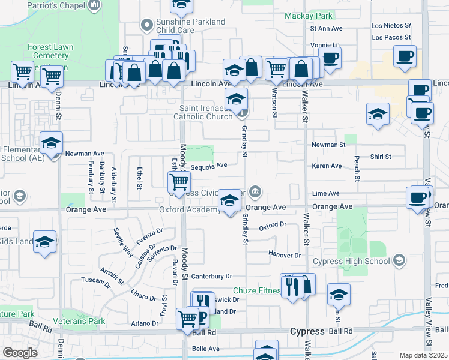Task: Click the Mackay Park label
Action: (308, 15)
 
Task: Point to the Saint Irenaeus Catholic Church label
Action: (203, 112)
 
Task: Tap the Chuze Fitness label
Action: (256, 291)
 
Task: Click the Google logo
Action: (20, 353)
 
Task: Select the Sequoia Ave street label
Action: (209, 165)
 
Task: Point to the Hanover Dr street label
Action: (285, 255)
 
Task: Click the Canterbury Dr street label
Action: (211, 276)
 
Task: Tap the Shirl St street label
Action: (381, 157)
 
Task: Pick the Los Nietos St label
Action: (391, 26)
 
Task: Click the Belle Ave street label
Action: (205, 349)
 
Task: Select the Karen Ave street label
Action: (327, 166)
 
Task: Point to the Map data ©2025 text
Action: (423, 355)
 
